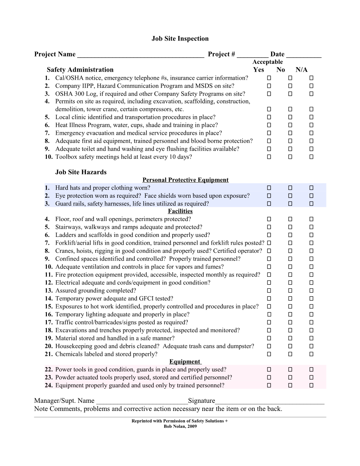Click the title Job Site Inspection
pyautogui.click(x=180, y=39)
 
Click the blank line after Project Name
pyautogui.click(x=140, y=55)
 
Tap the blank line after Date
pyautogui.click(x=304, y=55)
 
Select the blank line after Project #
pyautogui.click(x=253, y=55)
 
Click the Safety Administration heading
pyautogui.click(x=80, y=70)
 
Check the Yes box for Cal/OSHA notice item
pyautogui.click(x=269, y=78)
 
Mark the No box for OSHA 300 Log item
pyautogui.click(x=290, y=94)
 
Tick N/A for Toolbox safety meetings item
pyautogui.click(x=311, y=157)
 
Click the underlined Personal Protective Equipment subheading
pyautogui.click(x=186, y=180)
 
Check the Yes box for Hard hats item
pyautogui.click(x=269, y=188)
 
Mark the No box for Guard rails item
pyautogui.click(x=290, y=204)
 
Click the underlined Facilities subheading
pyautogui.click(x=180, y=211)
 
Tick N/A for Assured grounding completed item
pyautogui.click(x=311, y=291)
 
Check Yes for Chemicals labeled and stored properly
pyautogui.click(x=269, y=354)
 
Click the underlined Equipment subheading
pyautogui.click(x=185, y=362)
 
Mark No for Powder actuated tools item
pyautogui.click(x=290, y=377)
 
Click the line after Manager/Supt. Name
pyautogui.click(x=142, y=401)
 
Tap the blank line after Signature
pyautogui.click(x=270, y=401)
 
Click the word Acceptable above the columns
pyautogui.click(x=268, y=62)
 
